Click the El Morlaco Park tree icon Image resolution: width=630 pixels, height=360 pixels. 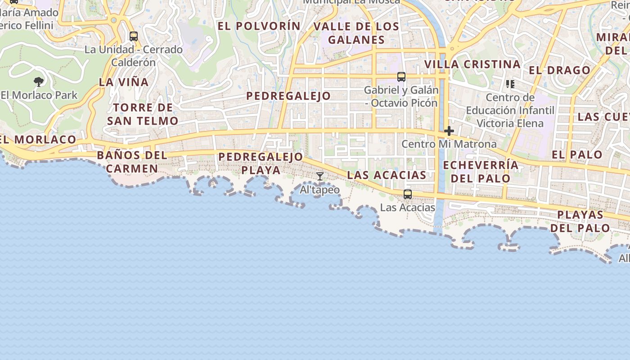click(39, 82)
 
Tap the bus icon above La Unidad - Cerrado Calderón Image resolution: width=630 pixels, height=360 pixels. click(134, 36)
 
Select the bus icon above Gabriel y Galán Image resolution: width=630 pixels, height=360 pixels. click(401, 77)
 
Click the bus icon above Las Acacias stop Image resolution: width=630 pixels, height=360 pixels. click(408, 194)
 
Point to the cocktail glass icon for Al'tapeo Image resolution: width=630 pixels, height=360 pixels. click(320, 176)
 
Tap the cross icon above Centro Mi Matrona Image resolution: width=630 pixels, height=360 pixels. click(449, 131)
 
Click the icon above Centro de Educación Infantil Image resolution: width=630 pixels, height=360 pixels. click(510, 84)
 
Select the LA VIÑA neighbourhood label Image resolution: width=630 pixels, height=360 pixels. click(124, 82)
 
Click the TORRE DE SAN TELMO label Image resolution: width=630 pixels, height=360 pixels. click(143, 114)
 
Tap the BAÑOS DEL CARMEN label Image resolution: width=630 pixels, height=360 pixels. click(132, 162)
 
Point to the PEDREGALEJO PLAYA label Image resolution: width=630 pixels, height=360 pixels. click(261, 163)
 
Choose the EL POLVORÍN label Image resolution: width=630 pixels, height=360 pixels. click(259, 26)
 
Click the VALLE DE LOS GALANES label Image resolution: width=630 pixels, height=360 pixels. click(356, 33)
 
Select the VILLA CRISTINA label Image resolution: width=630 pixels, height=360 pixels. click(472, 64)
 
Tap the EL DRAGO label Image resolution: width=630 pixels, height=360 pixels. click(559, 70)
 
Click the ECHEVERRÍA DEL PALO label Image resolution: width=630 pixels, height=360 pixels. click(481, 171)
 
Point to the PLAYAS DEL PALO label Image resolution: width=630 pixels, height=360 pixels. click(580, 221)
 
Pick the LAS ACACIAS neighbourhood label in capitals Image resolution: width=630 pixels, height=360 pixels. click(387, 175)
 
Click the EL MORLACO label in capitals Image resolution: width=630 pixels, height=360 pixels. click(39, 139)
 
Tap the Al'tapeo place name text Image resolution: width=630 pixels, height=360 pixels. click(320, 190)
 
